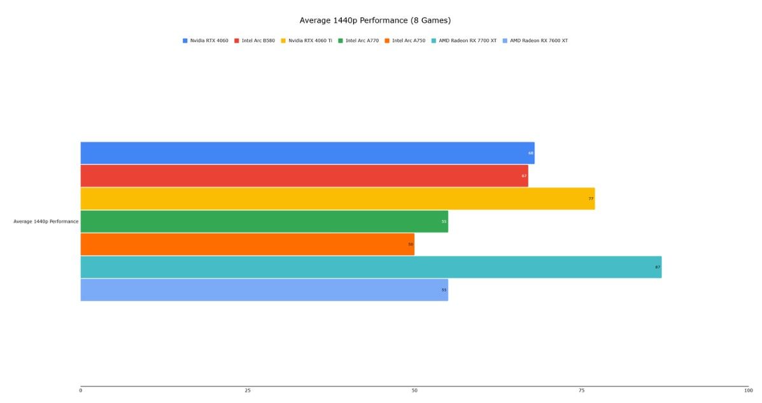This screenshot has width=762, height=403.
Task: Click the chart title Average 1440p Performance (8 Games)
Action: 375,20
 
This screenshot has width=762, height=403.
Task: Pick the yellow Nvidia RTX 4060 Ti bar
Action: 337,199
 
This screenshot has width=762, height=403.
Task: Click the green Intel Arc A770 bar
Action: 264,222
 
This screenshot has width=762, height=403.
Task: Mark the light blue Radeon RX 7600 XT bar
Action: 264,290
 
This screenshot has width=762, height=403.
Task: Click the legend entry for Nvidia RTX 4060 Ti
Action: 310,41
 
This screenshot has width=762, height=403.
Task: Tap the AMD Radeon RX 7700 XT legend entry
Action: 467,41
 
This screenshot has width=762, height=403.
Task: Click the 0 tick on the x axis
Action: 81,390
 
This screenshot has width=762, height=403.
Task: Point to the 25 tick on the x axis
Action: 248,390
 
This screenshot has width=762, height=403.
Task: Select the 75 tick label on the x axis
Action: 581,390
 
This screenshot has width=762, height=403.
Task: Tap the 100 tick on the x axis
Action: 748,390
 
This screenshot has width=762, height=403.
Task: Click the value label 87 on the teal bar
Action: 658,267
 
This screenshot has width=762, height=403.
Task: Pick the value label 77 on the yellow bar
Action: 591,199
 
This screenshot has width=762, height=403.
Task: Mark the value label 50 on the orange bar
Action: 411,244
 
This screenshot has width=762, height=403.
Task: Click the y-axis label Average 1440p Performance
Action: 46,222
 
